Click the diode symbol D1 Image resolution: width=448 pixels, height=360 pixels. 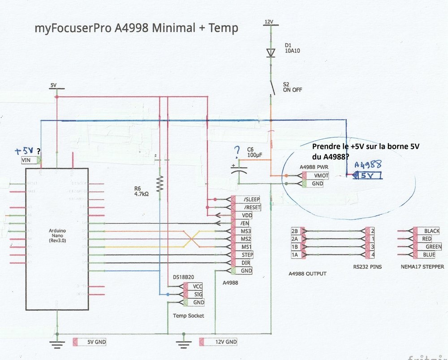270,53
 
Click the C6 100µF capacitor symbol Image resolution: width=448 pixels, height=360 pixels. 239,169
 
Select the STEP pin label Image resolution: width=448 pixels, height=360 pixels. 247,255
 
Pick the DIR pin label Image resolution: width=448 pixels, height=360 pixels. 246,263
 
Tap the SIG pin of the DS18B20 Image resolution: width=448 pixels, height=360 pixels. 198,294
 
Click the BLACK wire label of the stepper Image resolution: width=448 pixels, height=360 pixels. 431,231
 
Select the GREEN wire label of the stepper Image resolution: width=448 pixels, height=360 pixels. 433,247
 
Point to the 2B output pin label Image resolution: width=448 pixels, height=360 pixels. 294,231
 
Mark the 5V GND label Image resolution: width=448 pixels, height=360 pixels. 96,343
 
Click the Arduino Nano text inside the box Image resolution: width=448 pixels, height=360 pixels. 57,234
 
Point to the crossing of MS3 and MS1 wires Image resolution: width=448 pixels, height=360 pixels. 193,239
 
